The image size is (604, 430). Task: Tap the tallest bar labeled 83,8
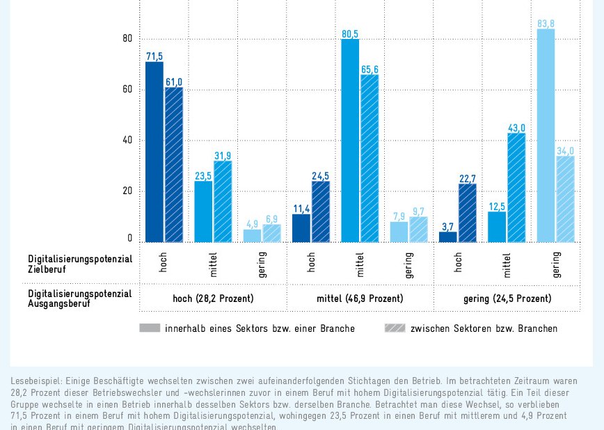(x=546, y=136)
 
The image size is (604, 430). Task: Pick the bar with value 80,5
(x=350, y=141)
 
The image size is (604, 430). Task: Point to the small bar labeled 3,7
(x=448, y=237)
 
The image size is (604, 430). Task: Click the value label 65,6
(x=369, y=69)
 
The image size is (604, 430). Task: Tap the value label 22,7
(x=468, y=179)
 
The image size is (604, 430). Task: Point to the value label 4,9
(x=252, y=224)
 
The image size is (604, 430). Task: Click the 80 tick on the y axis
(x=127, y=39)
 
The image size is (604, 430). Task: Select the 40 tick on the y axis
(x=127, y=141)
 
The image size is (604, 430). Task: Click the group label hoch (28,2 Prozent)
(x=213, y=298)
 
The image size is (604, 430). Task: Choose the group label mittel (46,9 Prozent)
(x=360, y=298)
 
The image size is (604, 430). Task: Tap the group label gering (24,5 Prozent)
(x=507, y=298)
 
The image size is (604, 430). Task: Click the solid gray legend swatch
(x=150, y=328)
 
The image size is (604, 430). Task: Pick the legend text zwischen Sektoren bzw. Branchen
(x=484, y=328)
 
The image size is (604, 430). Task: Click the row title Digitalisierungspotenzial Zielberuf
(x=80, y=263)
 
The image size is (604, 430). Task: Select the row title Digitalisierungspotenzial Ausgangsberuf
(x=80, y=298)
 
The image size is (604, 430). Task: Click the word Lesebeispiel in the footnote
(x=34, y=381)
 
